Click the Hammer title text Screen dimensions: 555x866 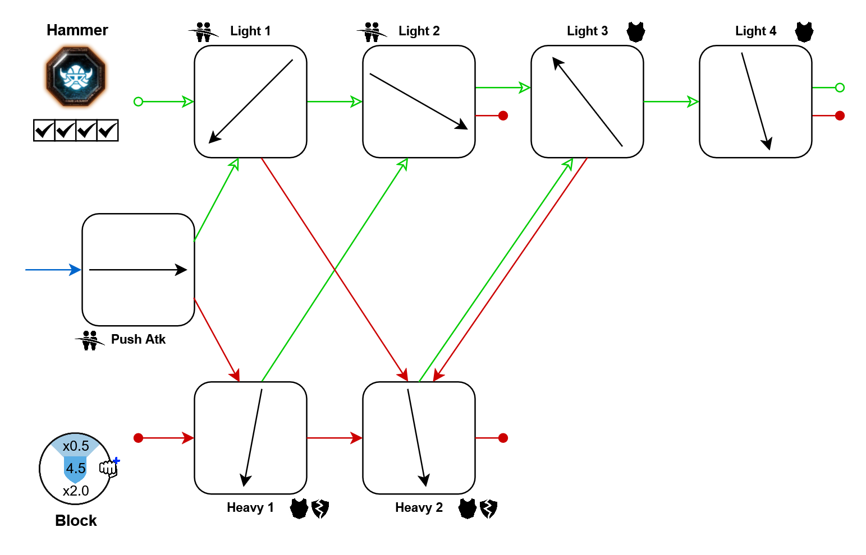point(77,30)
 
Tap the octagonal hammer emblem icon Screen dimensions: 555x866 point(76,77)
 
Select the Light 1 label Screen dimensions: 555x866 point(250,31)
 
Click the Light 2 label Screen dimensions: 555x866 point(419,31)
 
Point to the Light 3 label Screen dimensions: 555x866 point(587,31)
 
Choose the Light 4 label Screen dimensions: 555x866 point(755,31)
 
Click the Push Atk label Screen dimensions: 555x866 point(138,339)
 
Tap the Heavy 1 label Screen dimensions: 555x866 point(250,507)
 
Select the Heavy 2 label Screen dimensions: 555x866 point(419,507)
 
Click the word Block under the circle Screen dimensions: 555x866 point(76,521)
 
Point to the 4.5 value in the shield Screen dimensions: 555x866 point(76,468)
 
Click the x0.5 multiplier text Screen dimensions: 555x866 point(76,446)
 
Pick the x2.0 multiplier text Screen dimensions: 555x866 point(76,491)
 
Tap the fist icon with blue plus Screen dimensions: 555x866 point(109,467)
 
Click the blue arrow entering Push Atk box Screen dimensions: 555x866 point(53,270)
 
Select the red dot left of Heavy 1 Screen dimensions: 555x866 point(139,438)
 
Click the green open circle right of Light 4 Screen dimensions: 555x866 point(840,87)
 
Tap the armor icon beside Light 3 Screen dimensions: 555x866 point(636,31)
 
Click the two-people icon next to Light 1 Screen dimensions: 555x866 point(203,32)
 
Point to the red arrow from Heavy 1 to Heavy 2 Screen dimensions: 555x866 point(335,438)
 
